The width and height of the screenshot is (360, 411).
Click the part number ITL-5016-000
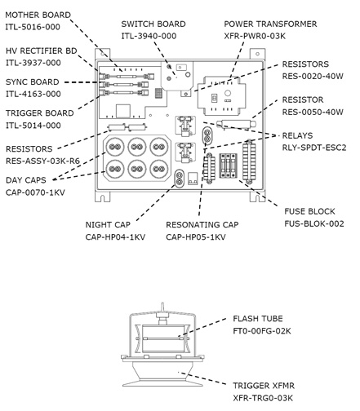33,27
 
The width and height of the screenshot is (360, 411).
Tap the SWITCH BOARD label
153,24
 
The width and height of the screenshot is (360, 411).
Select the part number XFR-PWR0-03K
255,36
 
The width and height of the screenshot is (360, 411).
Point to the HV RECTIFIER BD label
42,51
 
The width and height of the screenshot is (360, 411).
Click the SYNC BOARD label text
33,82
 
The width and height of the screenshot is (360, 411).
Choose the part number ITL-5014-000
33,126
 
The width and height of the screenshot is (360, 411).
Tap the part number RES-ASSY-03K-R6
42,161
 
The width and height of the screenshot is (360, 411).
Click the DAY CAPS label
26,180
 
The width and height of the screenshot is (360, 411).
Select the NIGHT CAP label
108,225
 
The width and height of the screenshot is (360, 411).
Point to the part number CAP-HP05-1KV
196,237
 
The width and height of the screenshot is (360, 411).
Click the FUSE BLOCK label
309,211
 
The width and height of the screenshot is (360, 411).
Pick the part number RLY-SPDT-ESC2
314,148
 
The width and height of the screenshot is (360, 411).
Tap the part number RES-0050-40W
313,112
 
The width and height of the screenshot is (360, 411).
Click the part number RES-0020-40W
313,76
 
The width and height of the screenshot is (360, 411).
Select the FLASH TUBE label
258,319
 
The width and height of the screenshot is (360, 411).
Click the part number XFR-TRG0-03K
263,398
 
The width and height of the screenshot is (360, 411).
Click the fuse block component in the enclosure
229,166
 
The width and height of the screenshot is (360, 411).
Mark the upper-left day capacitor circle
115,147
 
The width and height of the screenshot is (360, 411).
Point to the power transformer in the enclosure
221,96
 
